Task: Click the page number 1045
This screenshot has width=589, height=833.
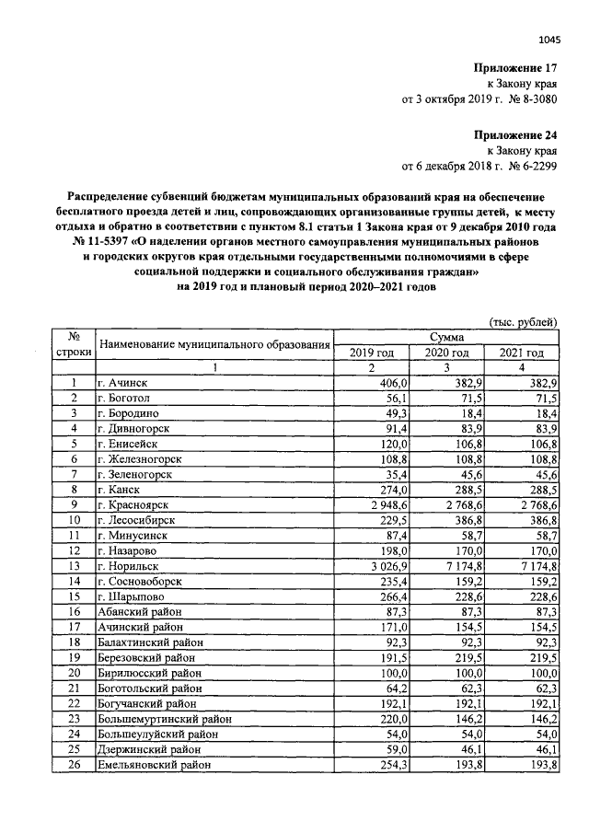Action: (549, 39)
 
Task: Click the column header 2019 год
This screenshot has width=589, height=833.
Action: (372, 353)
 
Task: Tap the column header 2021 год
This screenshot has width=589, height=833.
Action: (522, 353)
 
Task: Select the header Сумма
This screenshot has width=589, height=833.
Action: (446, 339)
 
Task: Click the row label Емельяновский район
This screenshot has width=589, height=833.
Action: (154, 765)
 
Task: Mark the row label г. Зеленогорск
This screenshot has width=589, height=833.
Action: (138, 474)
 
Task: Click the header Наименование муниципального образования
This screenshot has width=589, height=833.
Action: (214, 345)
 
